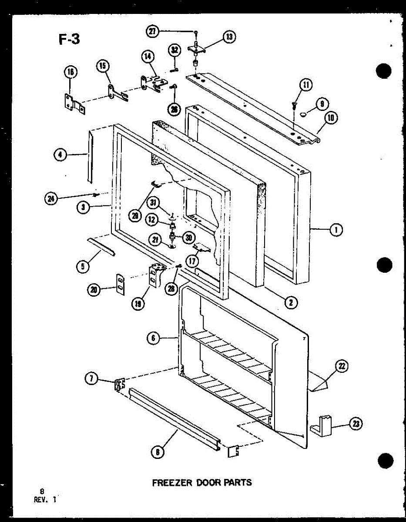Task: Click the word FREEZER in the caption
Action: [x=170, y=482]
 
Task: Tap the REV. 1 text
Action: [x=45, y=499]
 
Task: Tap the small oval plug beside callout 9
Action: [x=303, y=114]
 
